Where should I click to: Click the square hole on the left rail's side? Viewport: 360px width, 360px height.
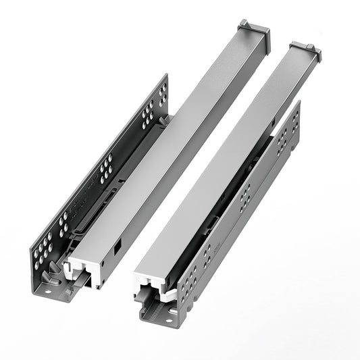click(119, 248)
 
